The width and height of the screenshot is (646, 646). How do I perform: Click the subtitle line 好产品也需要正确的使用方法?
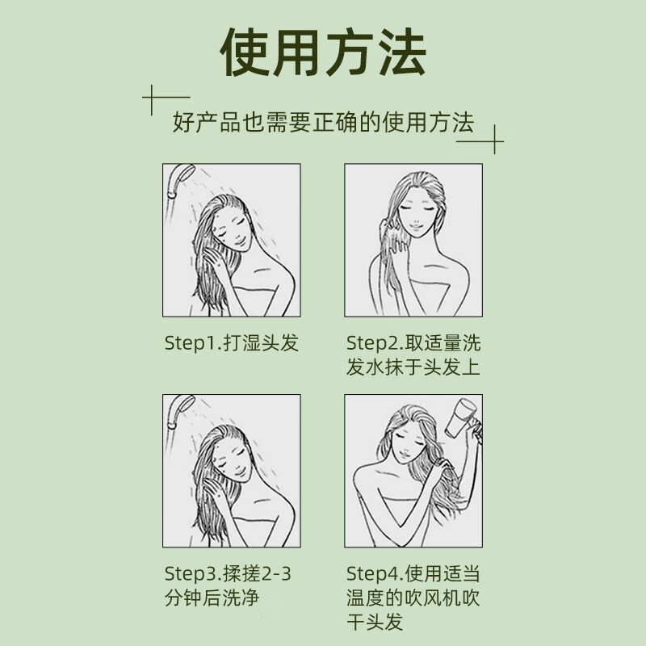(323, 124)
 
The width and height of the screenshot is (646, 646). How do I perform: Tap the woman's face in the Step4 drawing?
(413, 443)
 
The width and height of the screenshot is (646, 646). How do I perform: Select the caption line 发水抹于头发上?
(413, 367)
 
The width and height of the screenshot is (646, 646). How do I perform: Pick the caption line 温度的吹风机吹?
(413, 600)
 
